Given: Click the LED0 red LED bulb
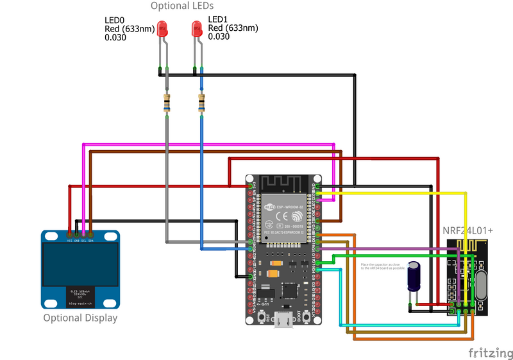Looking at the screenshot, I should point(162,29).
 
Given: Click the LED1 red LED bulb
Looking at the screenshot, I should point(198,29).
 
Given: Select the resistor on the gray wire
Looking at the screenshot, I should point(167,103).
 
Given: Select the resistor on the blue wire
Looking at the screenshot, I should point(202,103).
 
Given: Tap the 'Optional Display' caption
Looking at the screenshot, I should point(80,318).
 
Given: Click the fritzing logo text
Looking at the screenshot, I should point(489,352).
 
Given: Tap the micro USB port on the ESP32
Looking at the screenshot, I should point(283,319).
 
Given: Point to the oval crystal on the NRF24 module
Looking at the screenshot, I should point(483,285).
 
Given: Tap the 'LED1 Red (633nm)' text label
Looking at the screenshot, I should point(233,28).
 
